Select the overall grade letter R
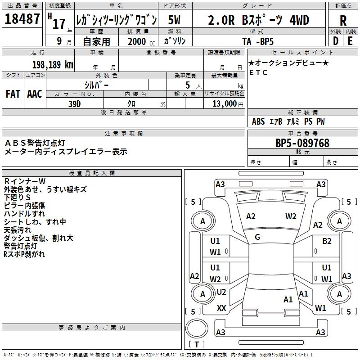(343, 20)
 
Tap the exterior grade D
(335, 40)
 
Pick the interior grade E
(350, 40)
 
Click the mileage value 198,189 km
(52, 65)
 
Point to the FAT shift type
(13, 94)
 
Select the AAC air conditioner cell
(34, 94)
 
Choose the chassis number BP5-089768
(302, 144)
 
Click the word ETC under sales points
(258, 72)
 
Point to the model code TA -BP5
(260, 41)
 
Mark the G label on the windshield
(257, 237)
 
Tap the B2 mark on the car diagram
(327, 241)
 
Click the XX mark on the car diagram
(221, 308)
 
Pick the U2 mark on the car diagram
(221, 292)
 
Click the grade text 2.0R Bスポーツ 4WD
(258, 20)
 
